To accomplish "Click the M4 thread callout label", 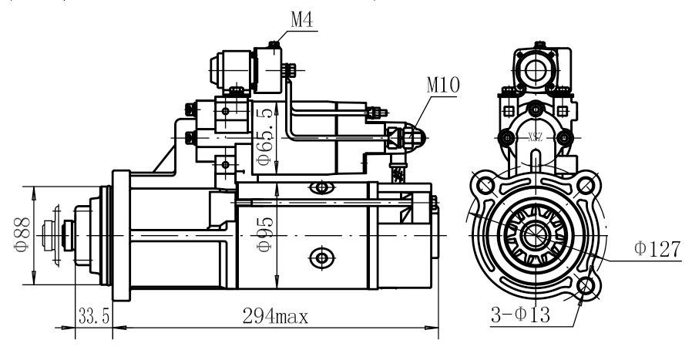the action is tap(302, 19).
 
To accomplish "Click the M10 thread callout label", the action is tap(443, 84).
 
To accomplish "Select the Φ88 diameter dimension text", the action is tap(22, 234).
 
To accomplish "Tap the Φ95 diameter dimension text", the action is tap(265, 234).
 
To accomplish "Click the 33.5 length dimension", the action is tap(93, 316).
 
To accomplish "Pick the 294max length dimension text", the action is tap(275, 316).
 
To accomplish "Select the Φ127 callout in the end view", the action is tap(657, 249).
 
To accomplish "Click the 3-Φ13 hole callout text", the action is tap(521, 315).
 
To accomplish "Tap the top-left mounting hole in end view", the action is tap(485, 185).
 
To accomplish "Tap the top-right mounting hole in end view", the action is tap(585, 185).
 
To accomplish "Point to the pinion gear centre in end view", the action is tap(535, 235).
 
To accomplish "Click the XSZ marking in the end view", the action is tap(536, 138).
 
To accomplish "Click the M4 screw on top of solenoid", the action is tap(274, 44).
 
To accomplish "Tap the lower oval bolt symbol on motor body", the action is tap(322, 257).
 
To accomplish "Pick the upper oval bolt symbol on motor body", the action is tap(322, 187).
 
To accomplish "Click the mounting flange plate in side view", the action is tap(121, 235).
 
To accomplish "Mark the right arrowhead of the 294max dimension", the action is tap(432, 328).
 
